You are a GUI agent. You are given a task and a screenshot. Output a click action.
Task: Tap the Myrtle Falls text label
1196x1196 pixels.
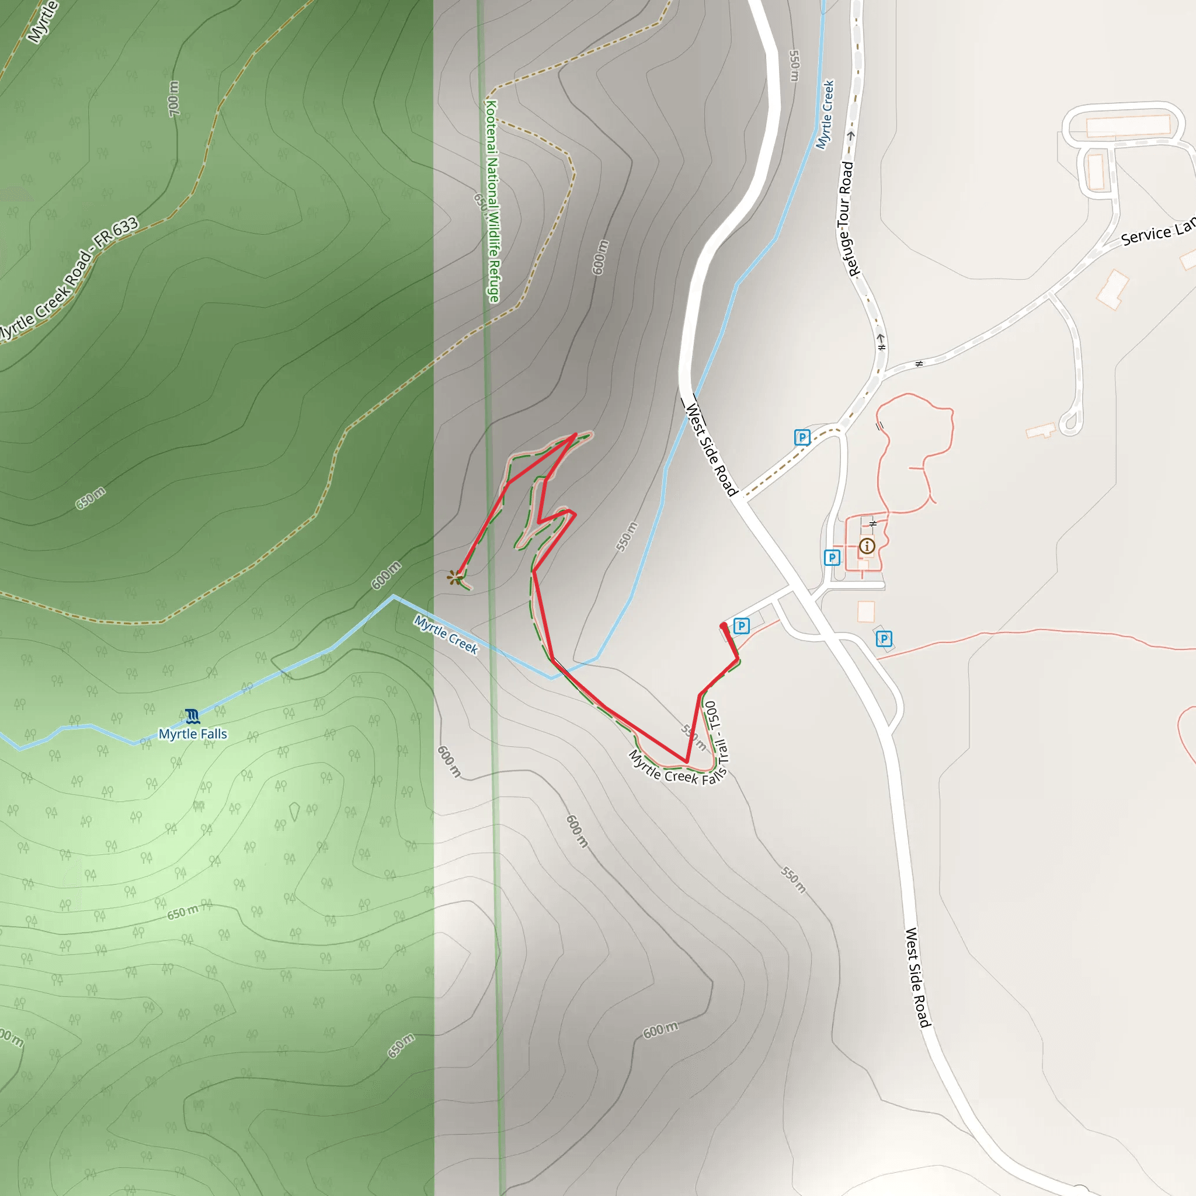pos(193,734)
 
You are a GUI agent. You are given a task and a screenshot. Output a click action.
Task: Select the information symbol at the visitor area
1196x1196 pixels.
pos(867,546)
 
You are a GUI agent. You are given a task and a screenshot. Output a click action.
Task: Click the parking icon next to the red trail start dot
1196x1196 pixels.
pos(741,626)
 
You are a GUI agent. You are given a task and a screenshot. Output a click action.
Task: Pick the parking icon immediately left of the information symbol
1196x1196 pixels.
pos(832,557)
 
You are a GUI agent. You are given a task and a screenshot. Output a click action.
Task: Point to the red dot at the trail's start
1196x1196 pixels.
pos(724,627)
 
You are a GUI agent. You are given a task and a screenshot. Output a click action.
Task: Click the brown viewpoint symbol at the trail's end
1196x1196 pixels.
pos(456,578)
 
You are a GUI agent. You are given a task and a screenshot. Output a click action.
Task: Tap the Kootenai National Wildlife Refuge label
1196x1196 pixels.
pos(492,201)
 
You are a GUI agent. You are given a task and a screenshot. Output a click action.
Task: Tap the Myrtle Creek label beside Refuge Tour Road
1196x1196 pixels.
pos(825,114)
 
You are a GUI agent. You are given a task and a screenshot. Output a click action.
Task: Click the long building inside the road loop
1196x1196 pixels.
pos(1128,125)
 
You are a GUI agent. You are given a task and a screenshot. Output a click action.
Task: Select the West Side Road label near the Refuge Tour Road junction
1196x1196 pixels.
pos(711,450)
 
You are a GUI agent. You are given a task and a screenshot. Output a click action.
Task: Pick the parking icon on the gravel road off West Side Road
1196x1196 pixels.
pos(802,437)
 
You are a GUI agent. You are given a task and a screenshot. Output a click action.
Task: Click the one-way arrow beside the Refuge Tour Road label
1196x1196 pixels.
pos(850,135)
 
